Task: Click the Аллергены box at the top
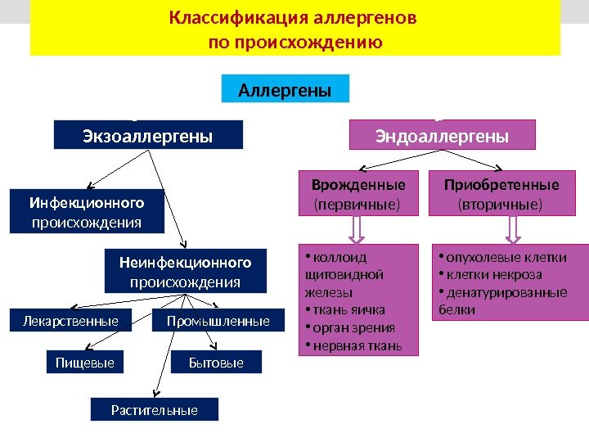click(285, 89)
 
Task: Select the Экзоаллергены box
click(148, 135)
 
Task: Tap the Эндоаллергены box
click(442, 135)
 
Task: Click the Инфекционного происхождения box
click(86, 211)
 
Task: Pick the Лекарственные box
click(75, 322)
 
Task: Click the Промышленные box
click(218, 322)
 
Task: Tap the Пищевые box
click(84, 362)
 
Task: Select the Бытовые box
click(216, 362)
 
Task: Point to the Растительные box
click(154, 409)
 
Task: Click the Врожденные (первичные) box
click(358, 193)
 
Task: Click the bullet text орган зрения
click(351, 328)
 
